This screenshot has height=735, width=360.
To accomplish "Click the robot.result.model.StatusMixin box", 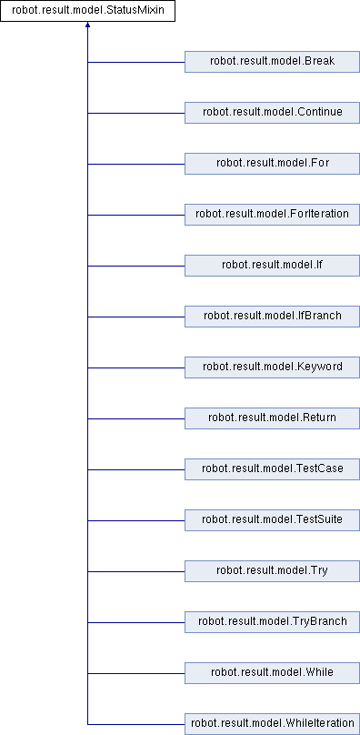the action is click(x=87, y=11).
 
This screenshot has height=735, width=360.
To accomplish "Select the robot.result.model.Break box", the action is click(x=272, y=62).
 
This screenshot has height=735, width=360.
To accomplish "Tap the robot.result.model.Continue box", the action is click(x=272, y=113).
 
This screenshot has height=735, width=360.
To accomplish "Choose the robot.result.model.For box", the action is click(x=272, y=164).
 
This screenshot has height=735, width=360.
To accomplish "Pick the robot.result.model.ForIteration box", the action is click(x=272, y=215).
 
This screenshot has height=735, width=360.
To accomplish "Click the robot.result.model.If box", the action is click(x=272, y=266).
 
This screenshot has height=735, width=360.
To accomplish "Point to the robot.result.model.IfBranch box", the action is click(x=272, y=317).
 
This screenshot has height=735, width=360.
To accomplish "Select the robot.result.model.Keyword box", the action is click(x=272, y=367).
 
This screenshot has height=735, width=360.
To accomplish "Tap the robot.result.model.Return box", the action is click(x=272, y=418).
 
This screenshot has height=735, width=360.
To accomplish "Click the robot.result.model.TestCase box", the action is click(x=272, y=469).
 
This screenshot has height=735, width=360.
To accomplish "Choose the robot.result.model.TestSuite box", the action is click(x=272, y=520).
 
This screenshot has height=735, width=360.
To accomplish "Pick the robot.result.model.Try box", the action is click(x=272, y=571).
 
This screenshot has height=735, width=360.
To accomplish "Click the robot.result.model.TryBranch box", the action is click(x=272, y=622).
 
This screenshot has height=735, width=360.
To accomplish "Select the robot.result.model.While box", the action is click(x=272, y=673).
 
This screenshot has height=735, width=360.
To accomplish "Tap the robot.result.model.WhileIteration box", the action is click(x=272, y=724).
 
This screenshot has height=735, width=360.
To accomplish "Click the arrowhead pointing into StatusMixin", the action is click(x=87, y=25).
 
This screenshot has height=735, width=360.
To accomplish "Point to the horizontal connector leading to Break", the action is click(x=136, y=62).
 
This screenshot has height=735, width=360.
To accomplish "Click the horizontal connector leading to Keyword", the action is click(x=136, y=367).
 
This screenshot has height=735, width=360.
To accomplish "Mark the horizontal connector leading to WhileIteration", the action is click(x=136, y=724).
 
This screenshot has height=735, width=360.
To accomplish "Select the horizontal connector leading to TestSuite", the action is click(x=136, y=520).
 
